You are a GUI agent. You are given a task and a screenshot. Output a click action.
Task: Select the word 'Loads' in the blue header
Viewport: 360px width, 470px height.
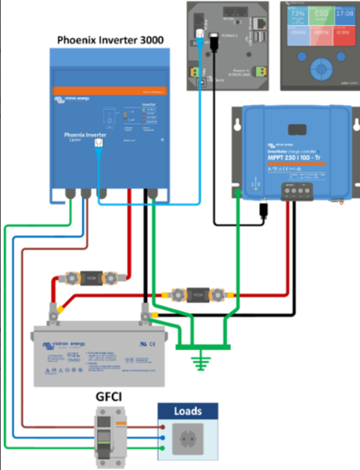tap(187, 410)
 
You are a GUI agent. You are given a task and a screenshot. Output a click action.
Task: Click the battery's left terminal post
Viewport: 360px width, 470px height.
tap(56, 314)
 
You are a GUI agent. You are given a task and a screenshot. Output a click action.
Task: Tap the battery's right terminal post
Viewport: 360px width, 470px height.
tap(144, 313)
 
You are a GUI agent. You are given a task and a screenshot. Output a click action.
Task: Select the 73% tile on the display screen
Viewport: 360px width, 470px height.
tap(297, 17)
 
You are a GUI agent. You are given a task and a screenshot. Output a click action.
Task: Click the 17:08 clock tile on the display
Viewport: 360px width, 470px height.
tap(345, 17)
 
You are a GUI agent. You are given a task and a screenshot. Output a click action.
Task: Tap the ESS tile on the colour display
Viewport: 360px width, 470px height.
tap(321, 17)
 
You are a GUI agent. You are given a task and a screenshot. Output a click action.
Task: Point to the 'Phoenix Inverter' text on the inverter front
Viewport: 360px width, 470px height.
tap(86, 136)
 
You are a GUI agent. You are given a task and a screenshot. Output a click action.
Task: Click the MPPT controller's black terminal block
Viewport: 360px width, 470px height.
tap(295, 190)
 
